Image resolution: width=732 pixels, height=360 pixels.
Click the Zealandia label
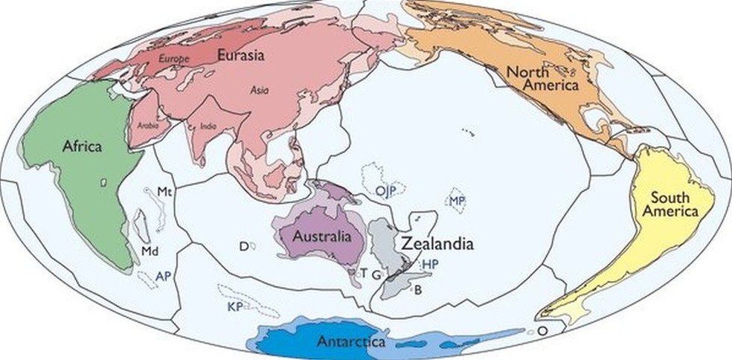coord(437,244)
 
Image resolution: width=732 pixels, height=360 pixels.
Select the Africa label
coord(82,147)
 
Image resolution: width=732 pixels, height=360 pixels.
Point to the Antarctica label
coord(350,342)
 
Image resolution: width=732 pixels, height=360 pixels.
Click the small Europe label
coord(175,58)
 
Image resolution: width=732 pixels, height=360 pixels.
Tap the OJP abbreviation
coord(385,191)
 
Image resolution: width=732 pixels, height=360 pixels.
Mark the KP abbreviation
coord(236,306)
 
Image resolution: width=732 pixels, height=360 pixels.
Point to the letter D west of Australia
coord(243,245)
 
